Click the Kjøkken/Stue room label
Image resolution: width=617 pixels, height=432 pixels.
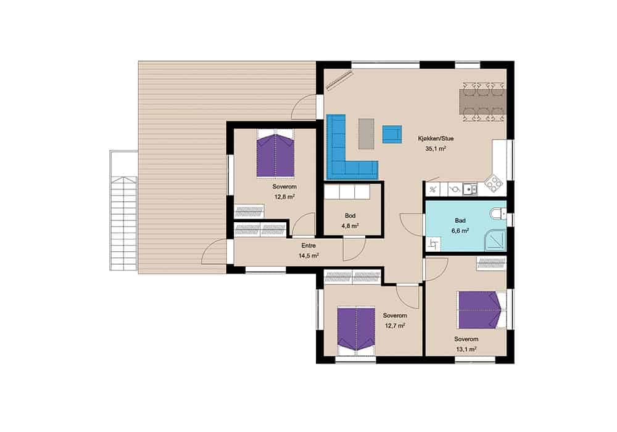(436, 138)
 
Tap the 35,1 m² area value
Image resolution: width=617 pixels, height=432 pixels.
(436, 149)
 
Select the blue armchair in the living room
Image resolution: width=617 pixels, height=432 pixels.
(392, 134)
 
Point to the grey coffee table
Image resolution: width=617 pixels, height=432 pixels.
(366, 134)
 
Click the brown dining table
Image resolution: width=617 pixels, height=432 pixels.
(482, 102)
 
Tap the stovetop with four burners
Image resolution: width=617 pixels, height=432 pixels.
(494, 183)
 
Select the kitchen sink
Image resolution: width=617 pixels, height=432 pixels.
(470, 189)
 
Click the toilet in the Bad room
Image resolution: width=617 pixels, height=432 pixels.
(498, 214)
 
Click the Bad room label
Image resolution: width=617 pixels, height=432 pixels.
(460, 221)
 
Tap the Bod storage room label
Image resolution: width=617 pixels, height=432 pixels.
(350, 215)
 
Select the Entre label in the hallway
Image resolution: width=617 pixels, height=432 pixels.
(308, 246)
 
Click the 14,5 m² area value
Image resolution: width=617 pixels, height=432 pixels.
(308, 255)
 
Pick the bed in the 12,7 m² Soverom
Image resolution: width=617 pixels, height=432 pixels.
(356, 331)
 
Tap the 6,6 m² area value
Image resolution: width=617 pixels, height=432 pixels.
(460, 231)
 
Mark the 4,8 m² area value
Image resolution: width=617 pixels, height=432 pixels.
(350, 226)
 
